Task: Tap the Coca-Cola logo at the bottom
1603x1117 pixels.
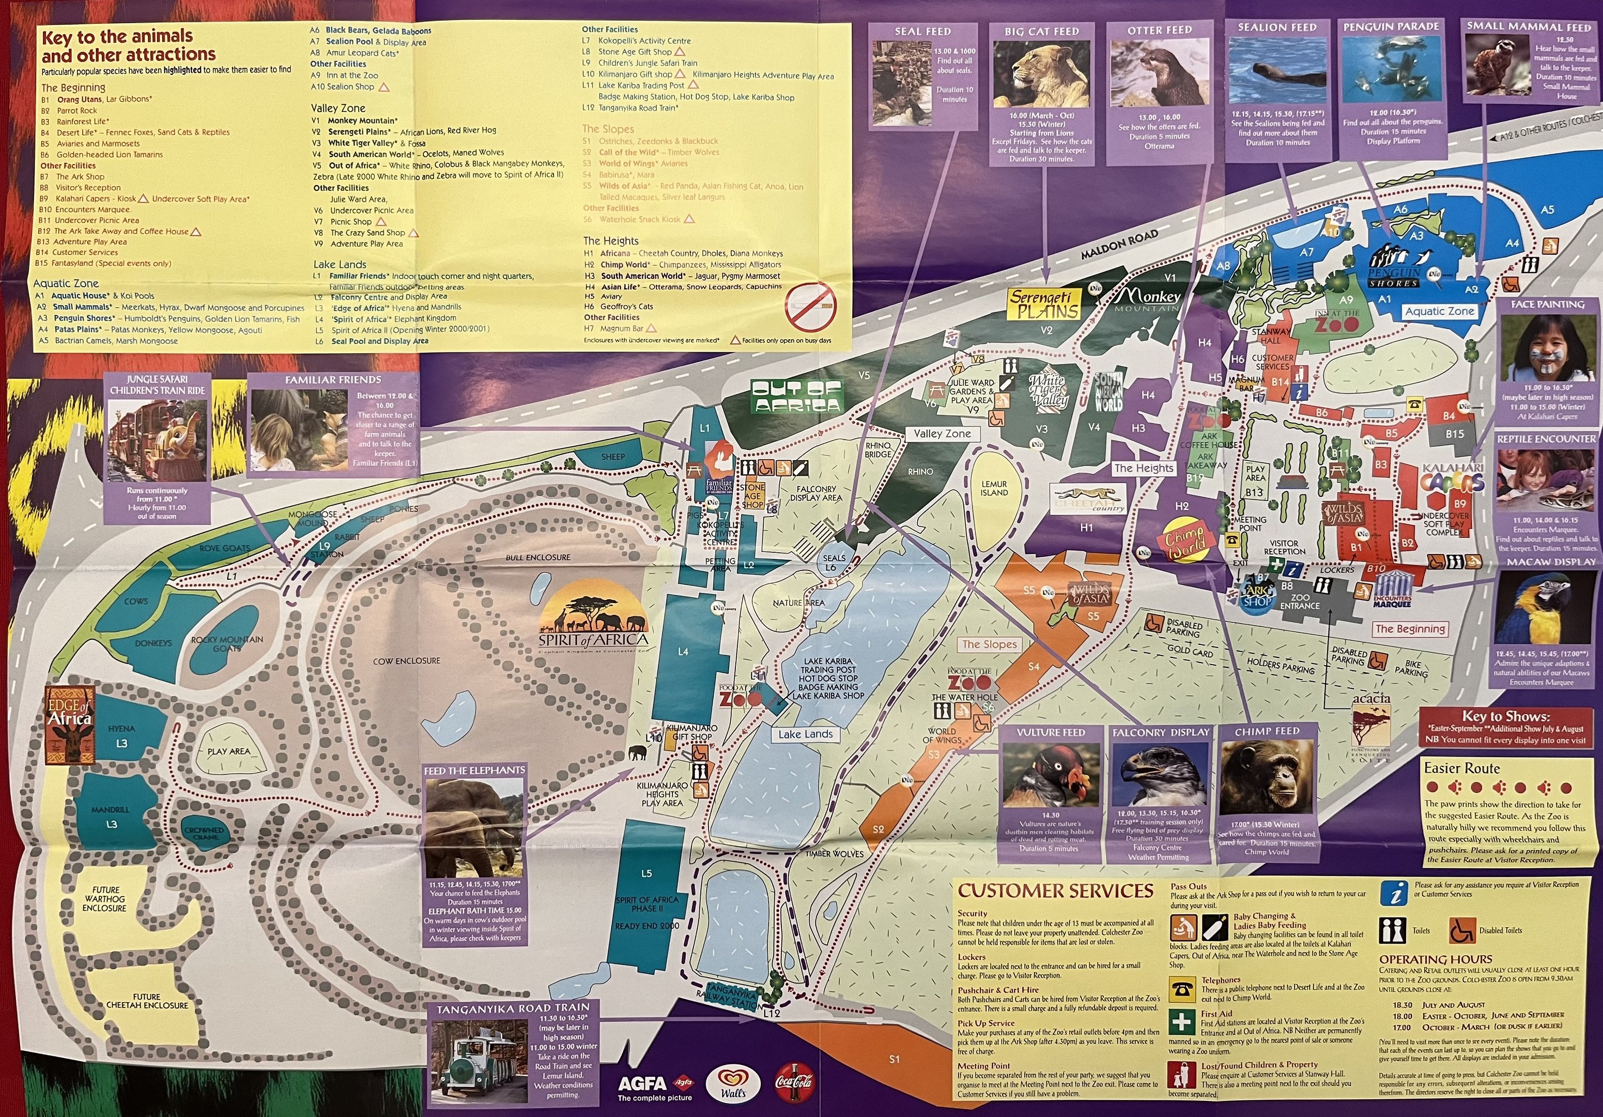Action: coord(794,1083)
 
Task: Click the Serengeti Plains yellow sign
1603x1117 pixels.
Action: coord(1044,305)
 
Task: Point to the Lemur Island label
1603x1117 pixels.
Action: coord(994,488)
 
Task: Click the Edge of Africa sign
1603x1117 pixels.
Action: coord(69,723)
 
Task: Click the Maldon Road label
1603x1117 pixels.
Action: coord(1119,245)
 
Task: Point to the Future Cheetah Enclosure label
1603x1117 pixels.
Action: coord(147,1001)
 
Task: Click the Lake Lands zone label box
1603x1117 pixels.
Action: coord(806,734)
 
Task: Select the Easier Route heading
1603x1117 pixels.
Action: coord(1461,768)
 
